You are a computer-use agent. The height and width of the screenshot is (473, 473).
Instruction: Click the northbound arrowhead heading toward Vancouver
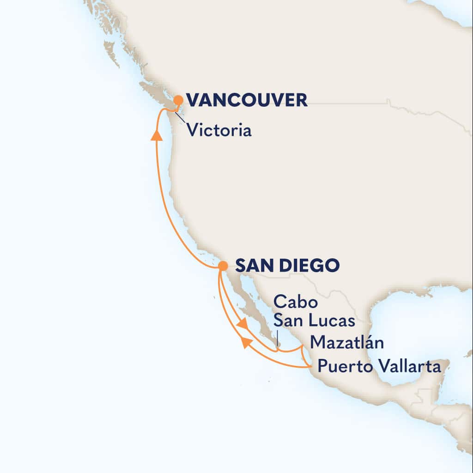tap(157, 134)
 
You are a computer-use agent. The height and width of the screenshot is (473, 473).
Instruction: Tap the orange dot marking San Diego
tap(223, 266)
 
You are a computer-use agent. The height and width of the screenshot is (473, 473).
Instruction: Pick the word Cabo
tap(295, 303)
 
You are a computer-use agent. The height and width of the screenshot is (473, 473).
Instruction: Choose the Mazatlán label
tap(347, 342)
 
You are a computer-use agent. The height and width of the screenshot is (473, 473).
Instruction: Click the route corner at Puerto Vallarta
tap(309, 367)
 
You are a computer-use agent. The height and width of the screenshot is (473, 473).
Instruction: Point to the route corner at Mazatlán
tap(303, 345)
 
